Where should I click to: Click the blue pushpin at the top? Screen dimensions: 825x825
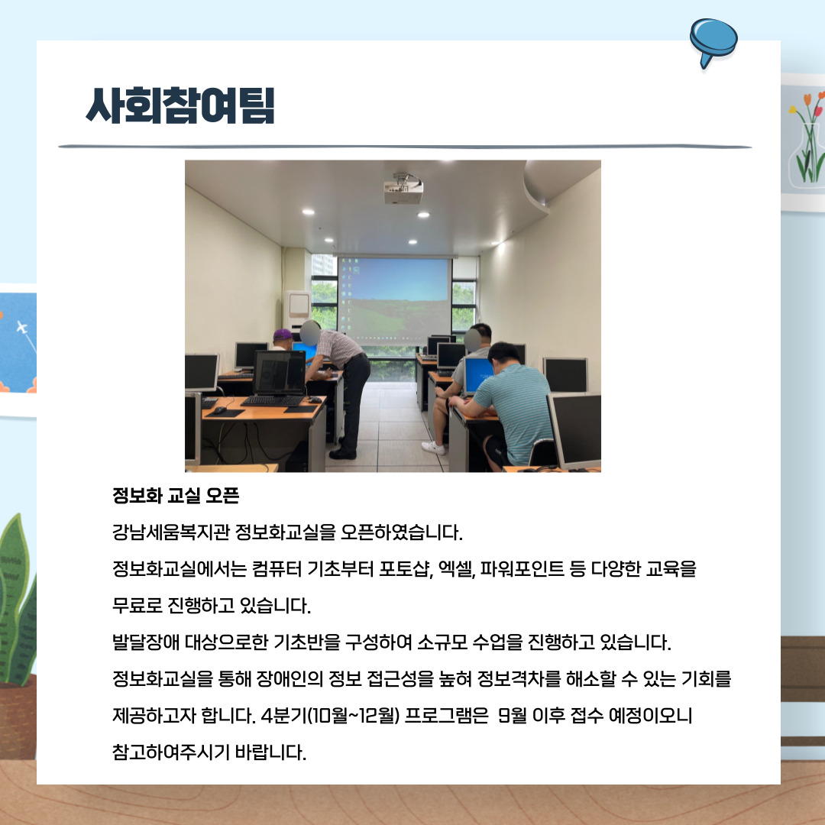(713, 40)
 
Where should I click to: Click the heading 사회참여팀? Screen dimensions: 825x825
(180, 106)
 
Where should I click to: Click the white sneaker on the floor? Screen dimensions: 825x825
(433, 447)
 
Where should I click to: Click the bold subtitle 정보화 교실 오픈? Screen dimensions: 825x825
(176, 497)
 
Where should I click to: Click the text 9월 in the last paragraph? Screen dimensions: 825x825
(511, 717)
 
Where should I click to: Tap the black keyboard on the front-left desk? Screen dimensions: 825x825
(271, 401)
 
